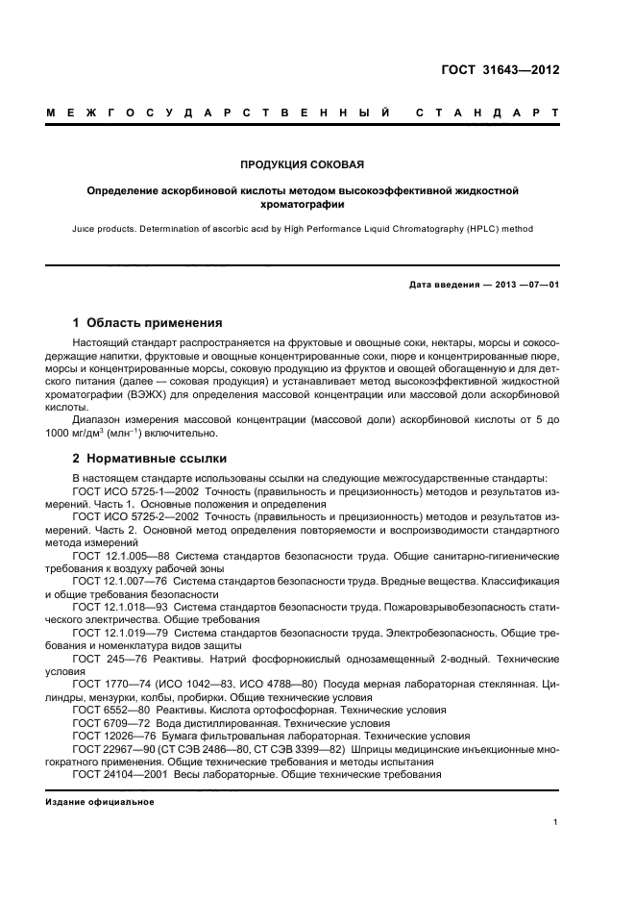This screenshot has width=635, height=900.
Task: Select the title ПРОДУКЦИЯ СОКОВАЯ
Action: (x=302, y=164)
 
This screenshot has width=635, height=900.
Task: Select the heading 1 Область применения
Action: (x=147, y=323)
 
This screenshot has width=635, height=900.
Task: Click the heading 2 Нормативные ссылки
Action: (x=149, y=459)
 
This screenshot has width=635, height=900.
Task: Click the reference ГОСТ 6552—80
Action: (x=111, y=711)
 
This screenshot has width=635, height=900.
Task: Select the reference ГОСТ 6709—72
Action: (x=111, y=723)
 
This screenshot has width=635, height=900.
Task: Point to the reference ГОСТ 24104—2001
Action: (x=119, y=774)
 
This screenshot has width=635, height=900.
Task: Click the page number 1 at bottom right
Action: (x=556, y=822)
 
